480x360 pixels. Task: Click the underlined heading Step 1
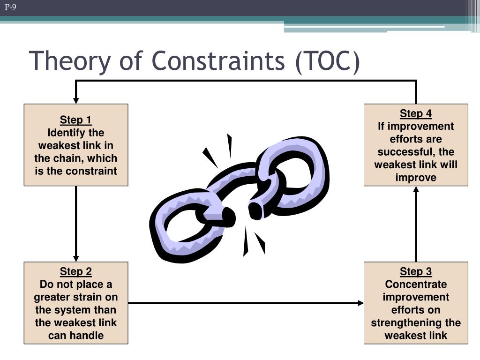pyautogui.click(x=75, y=120)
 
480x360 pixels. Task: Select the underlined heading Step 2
pyautogui.click(x=75, y=271)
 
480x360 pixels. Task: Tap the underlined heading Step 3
pyautogui.click(x=416, y=271)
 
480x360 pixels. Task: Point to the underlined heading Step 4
pyautogui.click(x=416, y=113)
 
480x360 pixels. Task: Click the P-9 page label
pyautogui.click(x=10, y=7)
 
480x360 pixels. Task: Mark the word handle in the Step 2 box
pyautogui.click(x=88, y=335)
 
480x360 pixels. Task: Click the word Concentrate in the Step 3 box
pyautogui.click(x=416, y=285)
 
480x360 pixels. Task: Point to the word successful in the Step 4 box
pyautogui.click(x=404, y=152)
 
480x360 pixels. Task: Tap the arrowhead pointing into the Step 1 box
pyautogui.click(x=76, y=100)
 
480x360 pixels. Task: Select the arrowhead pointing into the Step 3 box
pyautogui.click(x=360, y=303)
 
